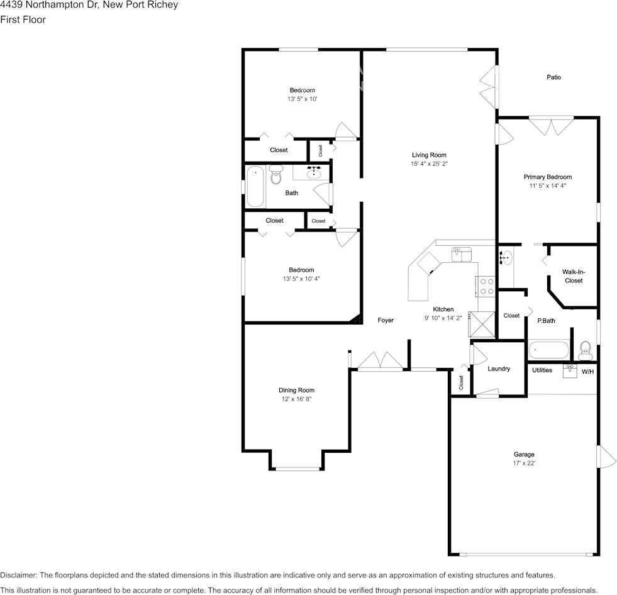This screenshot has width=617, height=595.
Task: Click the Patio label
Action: (553, 77)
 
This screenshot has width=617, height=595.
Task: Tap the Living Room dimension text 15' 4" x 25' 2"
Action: (430, 164)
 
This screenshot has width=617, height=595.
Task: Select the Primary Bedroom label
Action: (547, 177)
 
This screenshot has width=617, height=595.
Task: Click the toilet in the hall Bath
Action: (276, 174)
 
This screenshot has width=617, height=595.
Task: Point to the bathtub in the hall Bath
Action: (255, 186)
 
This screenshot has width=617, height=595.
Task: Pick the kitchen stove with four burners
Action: (487, 286)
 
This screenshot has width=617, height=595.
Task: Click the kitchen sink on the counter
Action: (461, 254)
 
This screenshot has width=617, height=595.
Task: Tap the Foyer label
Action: (385, 320)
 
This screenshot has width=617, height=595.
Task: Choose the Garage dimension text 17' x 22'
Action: (524, 463)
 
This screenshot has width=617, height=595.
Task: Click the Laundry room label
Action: (499, 369)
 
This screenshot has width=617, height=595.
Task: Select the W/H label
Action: (587, 372)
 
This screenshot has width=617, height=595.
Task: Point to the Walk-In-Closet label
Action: (574, 276)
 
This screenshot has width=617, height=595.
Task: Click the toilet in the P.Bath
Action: (585, 350)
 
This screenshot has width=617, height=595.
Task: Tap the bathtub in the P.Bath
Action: (548, 350)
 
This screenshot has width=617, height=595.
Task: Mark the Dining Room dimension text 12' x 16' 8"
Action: (296, 399)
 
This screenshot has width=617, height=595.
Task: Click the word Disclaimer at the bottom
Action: (18, 576)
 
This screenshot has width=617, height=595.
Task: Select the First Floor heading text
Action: (23, 19)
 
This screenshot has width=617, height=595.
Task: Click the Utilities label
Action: (542, 370)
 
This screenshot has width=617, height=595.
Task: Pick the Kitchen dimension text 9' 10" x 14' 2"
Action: (443, 318)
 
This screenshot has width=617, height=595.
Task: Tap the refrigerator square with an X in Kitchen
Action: (482, 325)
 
